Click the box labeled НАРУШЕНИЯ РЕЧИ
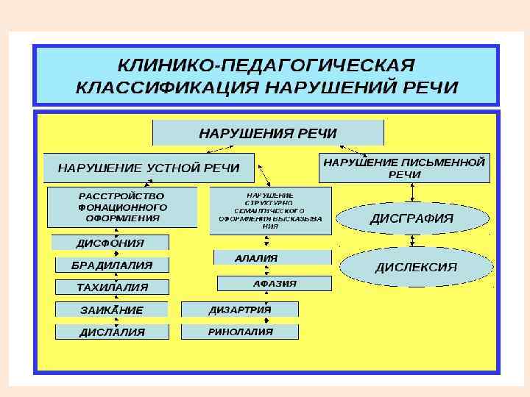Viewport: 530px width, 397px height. click(x=268, y=133)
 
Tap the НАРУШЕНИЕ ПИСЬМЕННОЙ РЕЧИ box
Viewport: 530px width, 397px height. click(x=404, y=168)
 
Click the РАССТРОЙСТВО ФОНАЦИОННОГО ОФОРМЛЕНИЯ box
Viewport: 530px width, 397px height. click(x=122, y=207)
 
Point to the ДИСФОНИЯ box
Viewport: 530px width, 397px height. click(x=110, y=243)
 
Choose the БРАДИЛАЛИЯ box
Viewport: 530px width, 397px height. click(x=112, y=265)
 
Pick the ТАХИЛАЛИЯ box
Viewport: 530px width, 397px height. click(x=112, y=287)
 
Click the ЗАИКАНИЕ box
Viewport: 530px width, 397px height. click(x=112, y=310)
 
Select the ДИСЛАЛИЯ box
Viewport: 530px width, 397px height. click(x=112, y=332)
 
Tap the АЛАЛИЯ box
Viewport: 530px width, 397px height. click(x=272, y=258)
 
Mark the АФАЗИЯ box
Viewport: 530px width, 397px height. click(x=275, y=282)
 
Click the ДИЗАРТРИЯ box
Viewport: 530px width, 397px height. click(x=240, y=310)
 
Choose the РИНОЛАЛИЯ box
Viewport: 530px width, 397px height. click(x=240, y=332)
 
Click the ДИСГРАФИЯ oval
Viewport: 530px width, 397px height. click(x=411, y=218)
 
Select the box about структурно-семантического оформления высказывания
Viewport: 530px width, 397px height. click(x=271, y=210)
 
